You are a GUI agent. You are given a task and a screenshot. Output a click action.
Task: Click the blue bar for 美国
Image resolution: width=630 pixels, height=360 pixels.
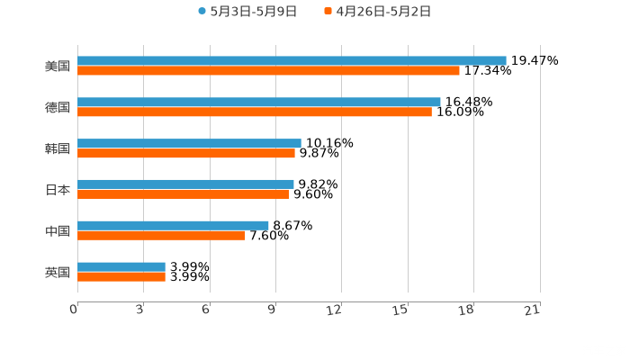292,60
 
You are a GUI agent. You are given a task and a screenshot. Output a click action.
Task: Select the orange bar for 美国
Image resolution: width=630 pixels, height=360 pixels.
268,70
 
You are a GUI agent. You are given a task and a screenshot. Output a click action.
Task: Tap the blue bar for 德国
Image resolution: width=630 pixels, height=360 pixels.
259,102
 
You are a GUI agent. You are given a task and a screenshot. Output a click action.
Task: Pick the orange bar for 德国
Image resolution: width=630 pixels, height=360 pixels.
255,112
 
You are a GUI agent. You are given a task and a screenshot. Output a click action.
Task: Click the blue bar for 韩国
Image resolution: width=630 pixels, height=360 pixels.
189,143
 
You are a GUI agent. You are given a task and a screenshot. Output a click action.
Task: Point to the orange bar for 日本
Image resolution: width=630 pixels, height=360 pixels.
183,193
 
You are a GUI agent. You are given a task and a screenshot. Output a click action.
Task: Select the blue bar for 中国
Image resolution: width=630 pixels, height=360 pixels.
173,225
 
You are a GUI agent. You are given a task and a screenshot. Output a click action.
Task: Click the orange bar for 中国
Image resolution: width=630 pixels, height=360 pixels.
161,235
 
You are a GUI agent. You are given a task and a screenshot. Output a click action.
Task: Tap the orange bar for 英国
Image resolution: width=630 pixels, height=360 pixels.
121,276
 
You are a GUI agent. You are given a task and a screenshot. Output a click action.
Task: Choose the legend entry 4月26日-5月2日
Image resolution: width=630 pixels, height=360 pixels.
382,12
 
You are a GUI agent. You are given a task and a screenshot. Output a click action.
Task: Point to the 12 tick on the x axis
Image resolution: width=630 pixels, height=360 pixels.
335,310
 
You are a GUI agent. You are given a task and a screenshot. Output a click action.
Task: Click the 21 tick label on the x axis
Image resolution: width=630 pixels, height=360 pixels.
532,310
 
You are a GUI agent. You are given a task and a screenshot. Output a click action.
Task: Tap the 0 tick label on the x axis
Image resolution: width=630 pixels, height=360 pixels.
75,310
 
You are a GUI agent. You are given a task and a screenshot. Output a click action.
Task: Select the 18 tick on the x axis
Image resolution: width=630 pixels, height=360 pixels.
466,310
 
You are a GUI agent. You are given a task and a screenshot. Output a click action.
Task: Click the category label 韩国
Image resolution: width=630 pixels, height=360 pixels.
58,148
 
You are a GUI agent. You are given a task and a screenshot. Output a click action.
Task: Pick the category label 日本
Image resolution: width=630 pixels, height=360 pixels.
58,190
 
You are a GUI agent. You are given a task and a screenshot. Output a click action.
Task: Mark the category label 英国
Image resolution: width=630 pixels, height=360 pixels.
58,272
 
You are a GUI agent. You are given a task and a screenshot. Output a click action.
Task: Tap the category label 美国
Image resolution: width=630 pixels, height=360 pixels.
58,66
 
